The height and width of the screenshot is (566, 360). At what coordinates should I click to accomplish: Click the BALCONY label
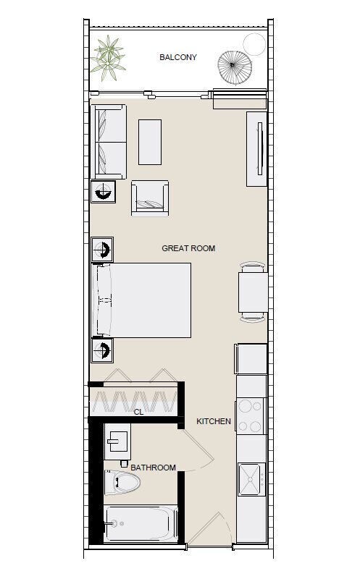pyautogui.click(x=178, y=57)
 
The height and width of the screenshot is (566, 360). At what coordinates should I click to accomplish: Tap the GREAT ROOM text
pyautogui.click(x=188, y=248)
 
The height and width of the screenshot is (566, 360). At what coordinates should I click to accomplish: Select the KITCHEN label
pyautogui.click(x=214, y=421)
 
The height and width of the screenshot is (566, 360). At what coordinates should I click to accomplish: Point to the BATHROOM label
pyautogui.click(x=153, y=468)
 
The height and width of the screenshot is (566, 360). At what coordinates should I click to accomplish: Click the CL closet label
pyautogui.click(x=138, y=412)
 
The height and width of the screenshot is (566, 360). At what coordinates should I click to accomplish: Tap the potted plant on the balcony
pyautogui.click(x=108, y=58)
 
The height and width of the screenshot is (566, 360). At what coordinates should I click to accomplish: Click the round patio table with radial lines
pyautogui.click(x=235, y=67)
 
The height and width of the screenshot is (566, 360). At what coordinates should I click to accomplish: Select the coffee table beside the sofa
pyautogui.click(x=150, y=142)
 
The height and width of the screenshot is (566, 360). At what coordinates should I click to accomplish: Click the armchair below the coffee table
pyautogui.click(x=150, y=198)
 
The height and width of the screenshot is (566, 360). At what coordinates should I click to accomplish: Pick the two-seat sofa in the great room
pyautogui.click(x=108, y=142)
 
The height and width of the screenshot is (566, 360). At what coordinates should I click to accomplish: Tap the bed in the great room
pyautogui.click(x=141, y=300)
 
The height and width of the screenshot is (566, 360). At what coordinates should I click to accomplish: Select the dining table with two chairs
pyautogui.click(x=253, y=292)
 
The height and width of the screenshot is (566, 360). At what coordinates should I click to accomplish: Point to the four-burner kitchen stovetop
pyautogui.click(x=250, y=416)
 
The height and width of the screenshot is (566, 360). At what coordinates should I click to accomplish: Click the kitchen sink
pyautogui.click(x=251, y=479)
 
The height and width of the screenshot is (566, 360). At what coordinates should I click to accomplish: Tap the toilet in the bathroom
pyautogui.click(x=122, y=483)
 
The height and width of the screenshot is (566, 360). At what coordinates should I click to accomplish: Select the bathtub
pyautogui.click(x=141, y=524)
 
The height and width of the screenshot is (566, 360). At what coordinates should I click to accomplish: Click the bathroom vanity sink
pyautogui.click(x=117, y=437)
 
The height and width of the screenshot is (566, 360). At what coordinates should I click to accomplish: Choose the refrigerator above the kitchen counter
pyautogui.click(x=251, y=359)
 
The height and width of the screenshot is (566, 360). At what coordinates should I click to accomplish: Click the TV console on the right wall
pyautogui.click(x=256, y=149)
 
